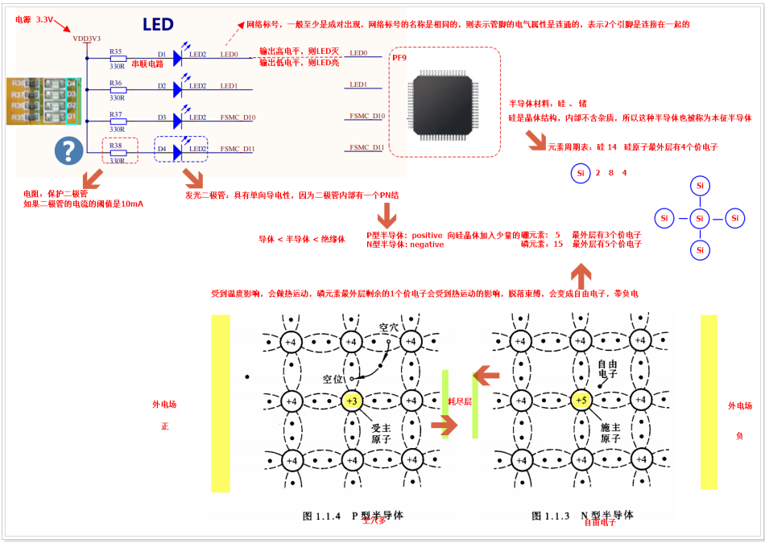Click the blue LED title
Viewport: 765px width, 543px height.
(x=158, y=25)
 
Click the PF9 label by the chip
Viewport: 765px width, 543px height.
(x=399, y=59)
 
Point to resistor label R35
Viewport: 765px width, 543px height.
(x=116, y=51)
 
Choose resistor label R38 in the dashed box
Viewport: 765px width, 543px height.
(x=116, y=146)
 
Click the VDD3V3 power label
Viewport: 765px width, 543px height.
(x=86, y=38)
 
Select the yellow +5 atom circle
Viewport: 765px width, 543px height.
(x=581, y=401)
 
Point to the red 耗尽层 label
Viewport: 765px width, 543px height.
(x=459, y=401)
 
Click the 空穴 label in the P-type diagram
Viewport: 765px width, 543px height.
(x=390, y=328)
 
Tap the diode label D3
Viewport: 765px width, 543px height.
(x=162, y=118)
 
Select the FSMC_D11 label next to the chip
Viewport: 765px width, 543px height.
(x=366, y=148)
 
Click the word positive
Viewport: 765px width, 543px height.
(x=426, y=235)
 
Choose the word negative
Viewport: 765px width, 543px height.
(x=426, y=244)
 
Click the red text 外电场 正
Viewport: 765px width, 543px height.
(x=164, y=414)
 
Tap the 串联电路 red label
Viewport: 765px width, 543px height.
(x=147, y=64)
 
